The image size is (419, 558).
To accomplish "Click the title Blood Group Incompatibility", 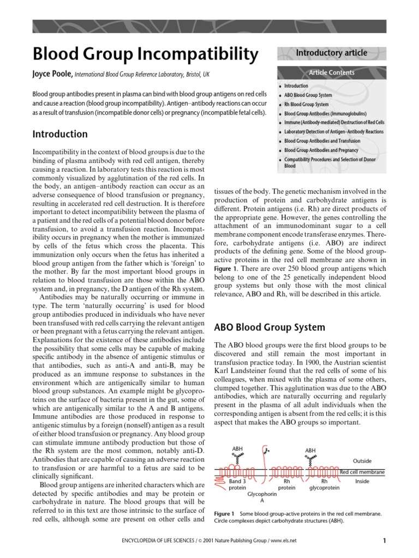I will tap(145, 54).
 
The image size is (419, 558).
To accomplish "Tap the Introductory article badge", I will tap(331, 53).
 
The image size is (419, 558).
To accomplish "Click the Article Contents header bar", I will tap(331, 72).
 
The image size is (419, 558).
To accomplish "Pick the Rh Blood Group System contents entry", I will tap(307, 105).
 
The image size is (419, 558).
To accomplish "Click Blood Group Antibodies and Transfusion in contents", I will tap(322, 141).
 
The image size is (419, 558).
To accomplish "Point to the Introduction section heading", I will tap(60, 134).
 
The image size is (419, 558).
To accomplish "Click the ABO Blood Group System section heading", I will tap(270, 327).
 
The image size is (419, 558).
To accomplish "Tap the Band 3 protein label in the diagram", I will tap(237, 484).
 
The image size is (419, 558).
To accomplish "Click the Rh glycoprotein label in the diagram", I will tap(324, 484).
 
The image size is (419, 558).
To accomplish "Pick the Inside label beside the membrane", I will tap(362, 481).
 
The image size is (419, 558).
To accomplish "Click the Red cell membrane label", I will tap(362, 471).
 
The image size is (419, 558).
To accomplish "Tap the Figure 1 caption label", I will tap(224, 514).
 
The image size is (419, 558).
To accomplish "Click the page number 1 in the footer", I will tap(384, 541).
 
